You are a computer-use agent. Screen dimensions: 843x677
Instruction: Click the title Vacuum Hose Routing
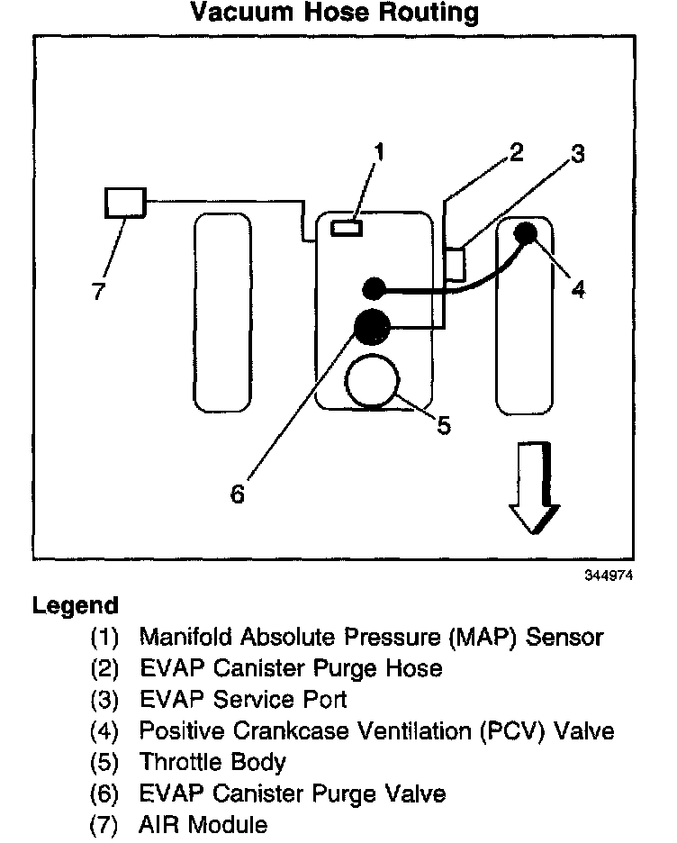pyautogui.click(x=335, y=13)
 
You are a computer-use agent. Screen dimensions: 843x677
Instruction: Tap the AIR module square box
pyautogui.click(x=125, y=202)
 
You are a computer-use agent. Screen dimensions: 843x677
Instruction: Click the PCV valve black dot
pyautogui.click(x=526, y=233)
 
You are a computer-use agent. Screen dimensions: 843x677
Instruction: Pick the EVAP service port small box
pyautogui.click(x=456, y=263)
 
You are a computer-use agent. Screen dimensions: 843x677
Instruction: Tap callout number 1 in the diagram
pyautogui.click(x=379, y=153)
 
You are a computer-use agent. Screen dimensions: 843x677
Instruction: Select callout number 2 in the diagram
pyautogui.click(x=515, y=151)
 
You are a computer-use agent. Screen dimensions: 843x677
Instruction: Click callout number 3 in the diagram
pyautogui.click(x=577, y=154)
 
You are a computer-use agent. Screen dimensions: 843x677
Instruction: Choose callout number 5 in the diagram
pyautogui.click(x=443, y=423)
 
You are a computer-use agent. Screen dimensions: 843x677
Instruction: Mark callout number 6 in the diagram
pyautogui.click(x=238, y=494)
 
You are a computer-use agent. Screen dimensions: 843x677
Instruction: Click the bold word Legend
pyautogui.click(x=76, y=605)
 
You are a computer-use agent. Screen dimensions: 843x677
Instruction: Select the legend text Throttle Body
pyautogui.click(x=212, y=762)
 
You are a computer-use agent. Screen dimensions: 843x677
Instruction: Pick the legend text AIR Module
pyautogui.click(x=203, y=824)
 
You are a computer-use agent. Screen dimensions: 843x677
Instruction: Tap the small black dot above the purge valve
pyautogui.click(x=374, y=288)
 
